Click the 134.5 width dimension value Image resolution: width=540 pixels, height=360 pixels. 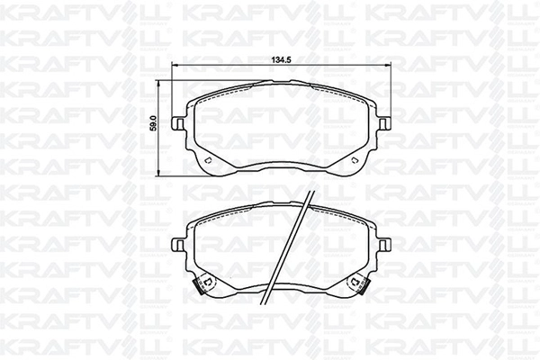[282, 60]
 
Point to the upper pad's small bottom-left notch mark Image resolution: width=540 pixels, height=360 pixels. [207, 161]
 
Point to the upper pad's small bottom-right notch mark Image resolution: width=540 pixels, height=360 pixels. [357, 161]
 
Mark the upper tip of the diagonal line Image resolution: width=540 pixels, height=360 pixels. [310, 193]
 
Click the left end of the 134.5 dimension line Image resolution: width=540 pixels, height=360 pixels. [175, 67]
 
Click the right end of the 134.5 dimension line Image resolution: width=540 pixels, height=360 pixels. [390, 67]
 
